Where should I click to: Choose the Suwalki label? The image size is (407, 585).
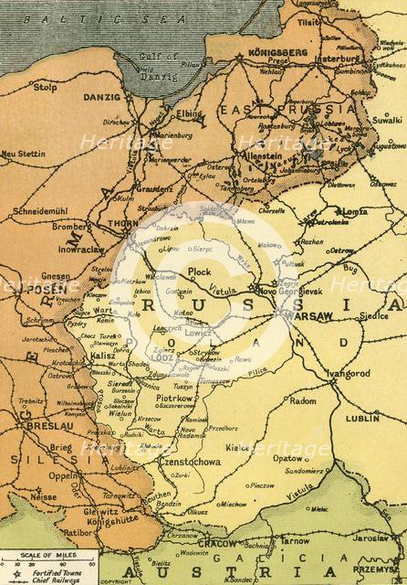387,119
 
